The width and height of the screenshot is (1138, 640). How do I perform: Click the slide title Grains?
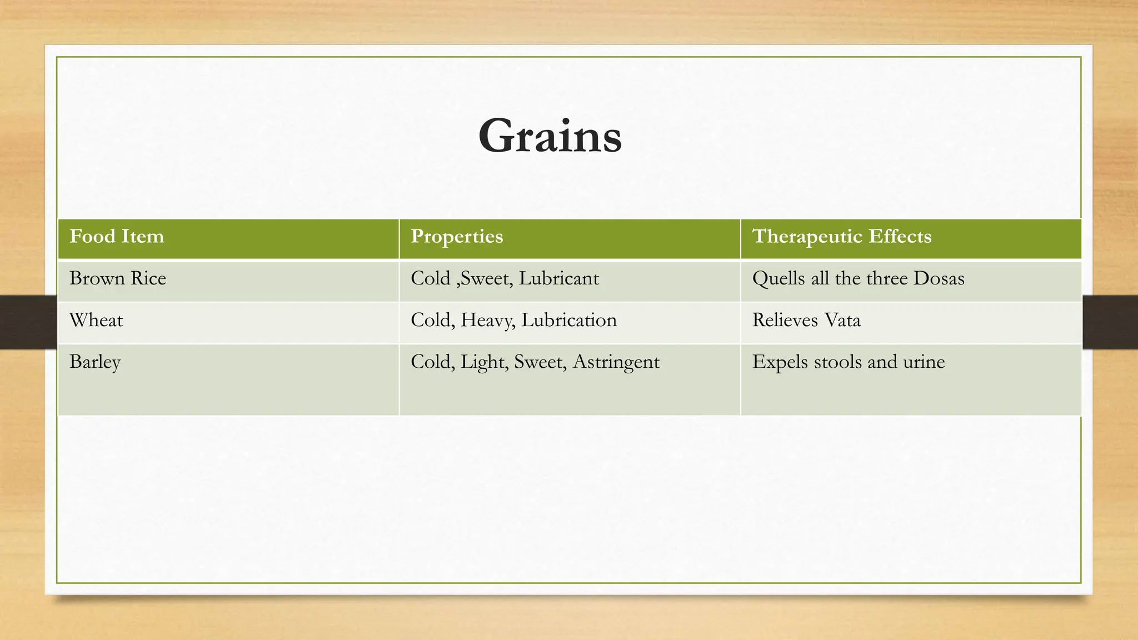pyautogui.click(x=550, y=136)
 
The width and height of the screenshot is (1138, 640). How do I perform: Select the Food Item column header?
pyautogui.click(x=117, y=237)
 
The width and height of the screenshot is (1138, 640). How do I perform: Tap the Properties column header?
pyautogui.click(x=457, y=237)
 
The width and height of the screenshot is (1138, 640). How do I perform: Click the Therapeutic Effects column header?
pyautogui.click(x=841, y=237)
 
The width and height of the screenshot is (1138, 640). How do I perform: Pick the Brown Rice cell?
pyautogui.click(x=118, y=278)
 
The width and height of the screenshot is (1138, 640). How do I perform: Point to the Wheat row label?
pyautogui.click(x=96, y=321)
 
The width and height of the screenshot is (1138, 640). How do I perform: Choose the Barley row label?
pyautogui.click(x=95, y=362)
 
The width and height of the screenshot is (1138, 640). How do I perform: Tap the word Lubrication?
pyautogui.click(x=569, y=321)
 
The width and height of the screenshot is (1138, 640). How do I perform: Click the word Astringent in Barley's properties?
pyautogui.click(x=616, y=362)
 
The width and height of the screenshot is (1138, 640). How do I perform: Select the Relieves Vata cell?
pyautogui.click(x=806, y=321)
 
